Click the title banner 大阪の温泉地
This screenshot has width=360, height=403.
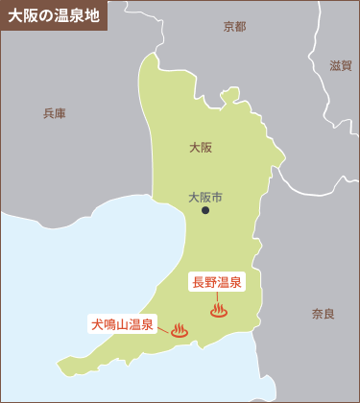pos(53,15)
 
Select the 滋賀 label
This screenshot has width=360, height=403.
pos(341,65)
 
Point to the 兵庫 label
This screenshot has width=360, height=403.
pos(54,113)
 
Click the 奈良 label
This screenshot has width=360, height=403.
pos(324,314)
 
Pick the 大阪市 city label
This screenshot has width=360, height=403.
pos(204,197)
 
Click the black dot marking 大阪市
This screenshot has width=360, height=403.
pos(204,210)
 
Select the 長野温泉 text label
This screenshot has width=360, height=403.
pos(217,281)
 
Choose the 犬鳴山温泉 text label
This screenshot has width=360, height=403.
pos(123,323)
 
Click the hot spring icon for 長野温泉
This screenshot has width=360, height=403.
pos(219,310)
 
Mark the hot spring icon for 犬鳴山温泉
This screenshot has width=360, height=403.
pos(179,331)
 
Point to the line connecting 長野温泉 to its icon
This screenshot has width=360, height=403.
pos(219,296)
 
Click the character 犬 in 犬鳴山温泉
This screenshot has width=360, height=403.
pos(97,323)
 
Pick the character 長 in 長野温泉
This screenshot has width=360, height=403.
pos(199,281)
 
